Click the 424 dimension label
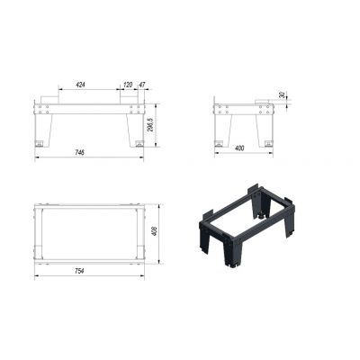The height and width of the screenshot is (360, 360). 80,85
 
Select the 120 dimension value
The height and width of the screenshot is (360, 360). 128,85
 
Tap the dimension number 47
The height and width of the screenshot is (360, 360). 141,85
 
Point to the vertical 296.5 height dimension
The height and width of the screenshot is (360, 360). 151,124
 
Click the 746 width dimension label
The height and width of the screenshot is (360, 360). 80,152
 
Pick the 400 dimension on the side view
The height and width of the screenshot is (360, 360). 239,148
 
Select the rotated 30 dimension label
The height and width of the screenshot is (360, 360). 282,95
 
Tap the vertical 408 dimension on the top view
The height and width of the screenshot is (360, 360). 155,231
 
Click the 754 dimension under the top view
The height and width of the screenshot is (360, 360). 79,271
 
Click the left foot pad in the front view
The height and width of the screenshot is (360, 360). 40,143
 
